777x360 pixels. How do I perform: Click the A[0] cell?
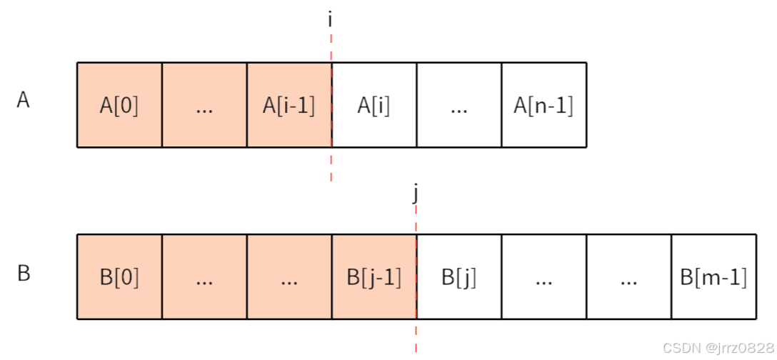click(119, 105)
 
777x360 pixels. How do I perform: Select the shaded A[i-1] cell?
click(289, 105)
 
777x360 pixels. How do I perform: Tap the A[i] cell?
click(374, 105)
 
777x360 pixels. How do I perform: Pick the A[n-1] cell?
click(543, 105)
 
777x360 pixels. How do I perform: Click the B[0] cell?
click(119, 277)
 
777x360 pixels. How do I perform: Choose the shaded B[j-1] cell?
click(374, 277)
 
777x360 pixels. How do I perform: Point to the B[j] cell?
click(458, 277)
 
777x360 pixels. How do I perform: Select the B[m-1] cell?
click(713, 277)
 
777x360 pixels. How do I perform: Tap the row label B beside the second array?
click(24, 274)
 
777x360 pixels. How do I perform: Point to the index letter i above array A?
click(330, 19)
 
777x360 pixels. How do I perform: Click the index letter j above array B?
click(415, 193)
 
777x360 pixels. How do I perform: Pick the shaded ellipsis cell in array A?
click(204, 105)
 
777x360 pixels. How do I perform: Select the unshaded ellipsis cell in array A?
click(459, 105)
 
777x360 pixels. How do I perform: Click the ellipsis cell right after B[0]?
click(204, 277)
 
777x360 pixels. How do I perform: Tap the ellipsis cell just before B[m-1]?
click(628, 277)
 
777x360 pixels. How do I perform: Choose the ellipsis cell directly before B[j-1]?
click(289, 277)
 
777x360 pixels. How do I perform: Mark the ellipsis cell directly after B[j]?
click(544, 277)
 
